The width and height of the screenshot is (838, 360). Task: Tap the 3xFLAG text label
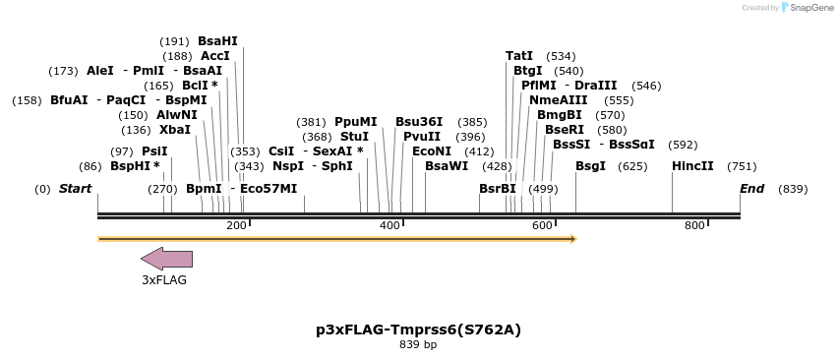164,279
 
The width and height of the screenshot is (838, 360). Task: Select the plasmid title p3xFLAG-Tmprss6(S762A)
418,329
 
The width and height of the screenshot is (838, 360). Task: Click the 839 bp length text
418,344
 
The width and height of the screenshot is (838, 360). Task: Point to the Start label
75,189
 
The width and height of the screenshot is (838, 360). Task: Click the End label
751,189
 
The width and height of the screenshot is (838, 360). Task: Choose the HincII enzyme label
692,166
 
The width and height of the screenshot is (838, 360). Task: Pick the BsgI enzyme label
590,166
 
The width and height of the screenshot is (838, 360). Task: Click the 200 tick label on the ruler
236,226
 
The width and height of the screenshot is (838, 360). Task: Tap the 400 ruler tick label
389,226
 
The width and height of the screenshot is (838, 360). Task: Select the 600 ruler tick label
543,226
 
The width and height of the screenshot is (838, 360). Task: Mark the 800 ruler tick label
695,226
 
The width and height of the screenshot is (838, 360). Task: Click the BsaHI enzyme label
217,41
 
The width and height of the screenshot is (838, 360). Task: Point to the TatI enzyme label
519,56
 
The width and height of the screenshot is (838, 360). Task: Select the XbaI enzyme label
175,130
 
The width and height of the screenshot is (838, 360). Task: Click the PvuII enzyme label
422,137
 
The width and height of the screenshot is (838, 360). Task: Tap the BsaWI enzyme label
447,166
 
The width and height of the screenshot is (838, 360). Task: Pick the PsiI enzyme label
154,151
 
